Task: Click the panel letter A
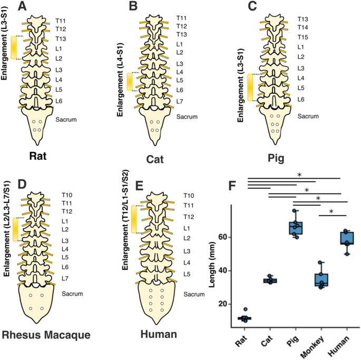coord(23,7)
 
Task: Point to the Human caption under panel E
coord(157,335)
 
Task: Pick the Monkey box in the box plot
coord(321,280)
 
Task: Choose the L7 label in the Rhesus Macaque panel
coord(65,278)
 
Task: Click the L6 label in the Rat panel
coord(60,101)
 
